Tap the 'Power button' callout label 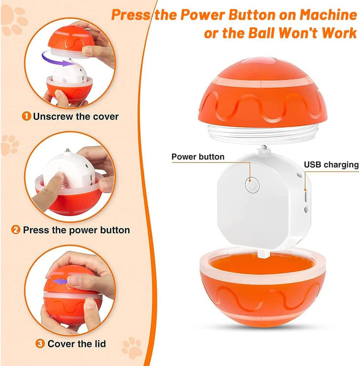point(198,157)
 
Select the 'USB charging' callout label point(331,165)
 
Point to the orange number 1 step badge point(26,116)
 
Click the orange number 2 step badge point(16,230)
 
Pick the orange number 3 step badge point(40,344)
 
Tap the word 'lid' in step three point(100,344)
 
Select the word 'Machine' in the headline point(328,15)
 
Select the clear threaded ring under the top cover point(262,134)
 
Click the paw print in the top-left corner point(15,20)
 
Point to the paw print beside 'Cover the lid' point(132,347)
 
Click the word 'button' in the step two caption point(115,230)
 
